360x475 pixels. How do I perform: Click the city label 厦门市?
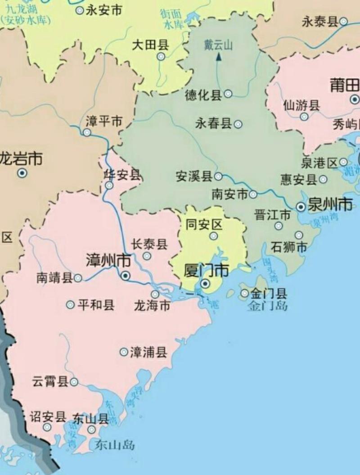coord(207,271)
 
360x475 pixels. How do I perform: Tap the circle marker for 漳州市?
coord(126,276)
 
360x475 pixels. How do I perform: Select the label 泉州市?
coord(330,205)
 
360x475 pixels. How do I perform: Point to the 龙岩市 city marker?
coord(22,172)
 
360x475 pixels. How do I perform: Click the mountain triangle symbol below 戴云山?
coord(219,57)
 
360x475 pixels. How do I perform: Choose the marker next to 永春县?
coord(238,124)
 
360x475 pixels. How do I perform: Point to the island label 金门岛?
coord(267,307)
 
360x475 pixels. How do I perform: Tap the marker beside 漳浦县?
coord(123,352)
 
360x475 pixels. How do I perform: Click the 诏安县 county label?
coord(48,416)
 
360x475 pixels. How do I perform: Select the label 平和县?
coord(96,305)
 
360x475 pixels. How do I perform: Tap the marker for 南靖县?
coord(78,278)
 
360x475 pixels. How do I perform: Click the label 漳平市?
coord(104,121)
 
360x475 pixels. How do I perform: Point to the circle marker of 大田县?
coord(161,57)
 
